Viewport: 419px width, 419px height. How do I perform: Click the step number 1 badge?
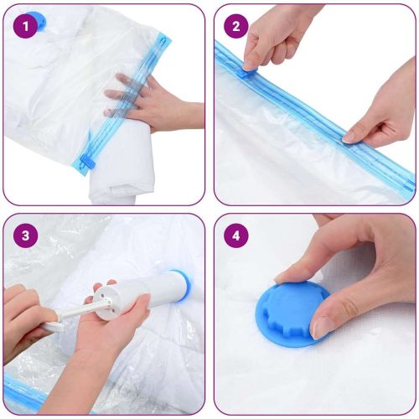(26, 27)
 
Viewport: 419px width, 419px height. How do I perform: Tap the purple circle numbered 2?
(235, 27)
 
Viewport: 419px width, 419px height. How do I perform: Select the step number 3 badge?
(26, 235)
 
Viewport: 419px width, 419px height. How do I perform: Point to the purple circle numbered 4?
(235, 235)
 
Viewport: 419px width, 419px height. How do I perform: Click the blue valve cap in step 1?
(36, 18)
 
